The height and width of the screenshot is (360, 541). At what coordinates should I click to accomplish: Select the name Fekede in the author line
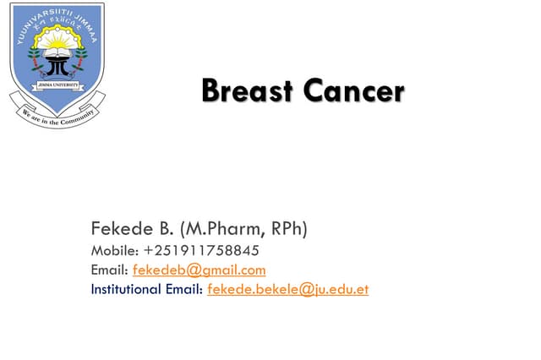click(121, 228)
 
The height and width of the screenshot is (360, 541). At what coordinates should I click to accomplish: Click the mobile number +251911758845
click(201, 251)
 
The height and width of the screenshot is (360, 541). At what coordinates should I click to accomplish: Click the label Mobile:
click(115, 251)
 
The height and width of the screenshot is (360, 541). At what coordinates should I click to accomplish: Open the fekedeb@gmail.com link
click(199, 270)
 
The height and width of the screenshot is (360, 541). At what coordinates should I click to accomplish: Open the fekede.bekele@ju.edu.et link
click(287, 290)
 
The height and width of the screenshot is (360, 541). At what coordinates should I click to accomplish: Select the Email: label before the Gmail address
click(110, 270)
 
